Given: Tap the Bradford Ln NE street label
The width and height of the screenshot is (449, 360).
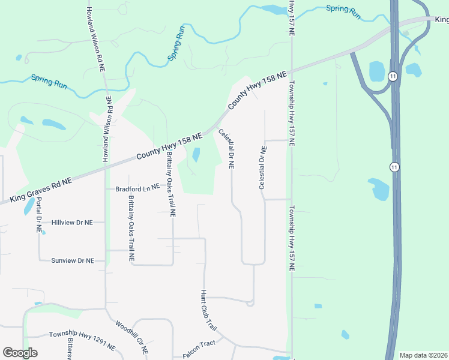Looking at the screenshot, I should click(137, 188).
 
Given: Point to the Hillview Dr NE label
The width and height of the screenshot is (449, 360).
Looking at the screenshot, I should click(72, 222).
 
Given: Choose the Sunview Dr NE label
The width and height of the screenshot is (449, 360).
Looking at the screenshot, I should click(73, 260).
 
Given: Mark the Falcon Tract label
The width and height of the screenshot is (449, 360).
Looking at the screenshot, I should click(199, 353).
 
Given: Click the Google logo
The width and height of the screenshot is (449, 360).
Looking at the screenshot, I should click(20, 352).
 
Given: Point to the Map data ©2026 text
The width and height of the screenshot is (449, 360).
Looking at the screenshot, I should click(423, 355).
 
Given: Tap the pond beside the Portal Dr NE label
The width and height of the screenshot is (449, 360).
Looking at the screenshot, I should click(28, 206).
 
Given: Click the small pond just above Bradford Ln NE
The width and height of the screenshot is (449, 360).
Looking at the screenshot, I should click(196, 155).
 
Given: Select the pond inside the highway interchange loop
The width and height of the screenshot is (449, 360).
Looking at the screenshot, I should click(376, 71).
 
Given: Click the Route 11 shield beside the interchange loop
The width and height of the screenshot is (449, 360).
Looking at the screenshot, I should click(393, 76).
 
